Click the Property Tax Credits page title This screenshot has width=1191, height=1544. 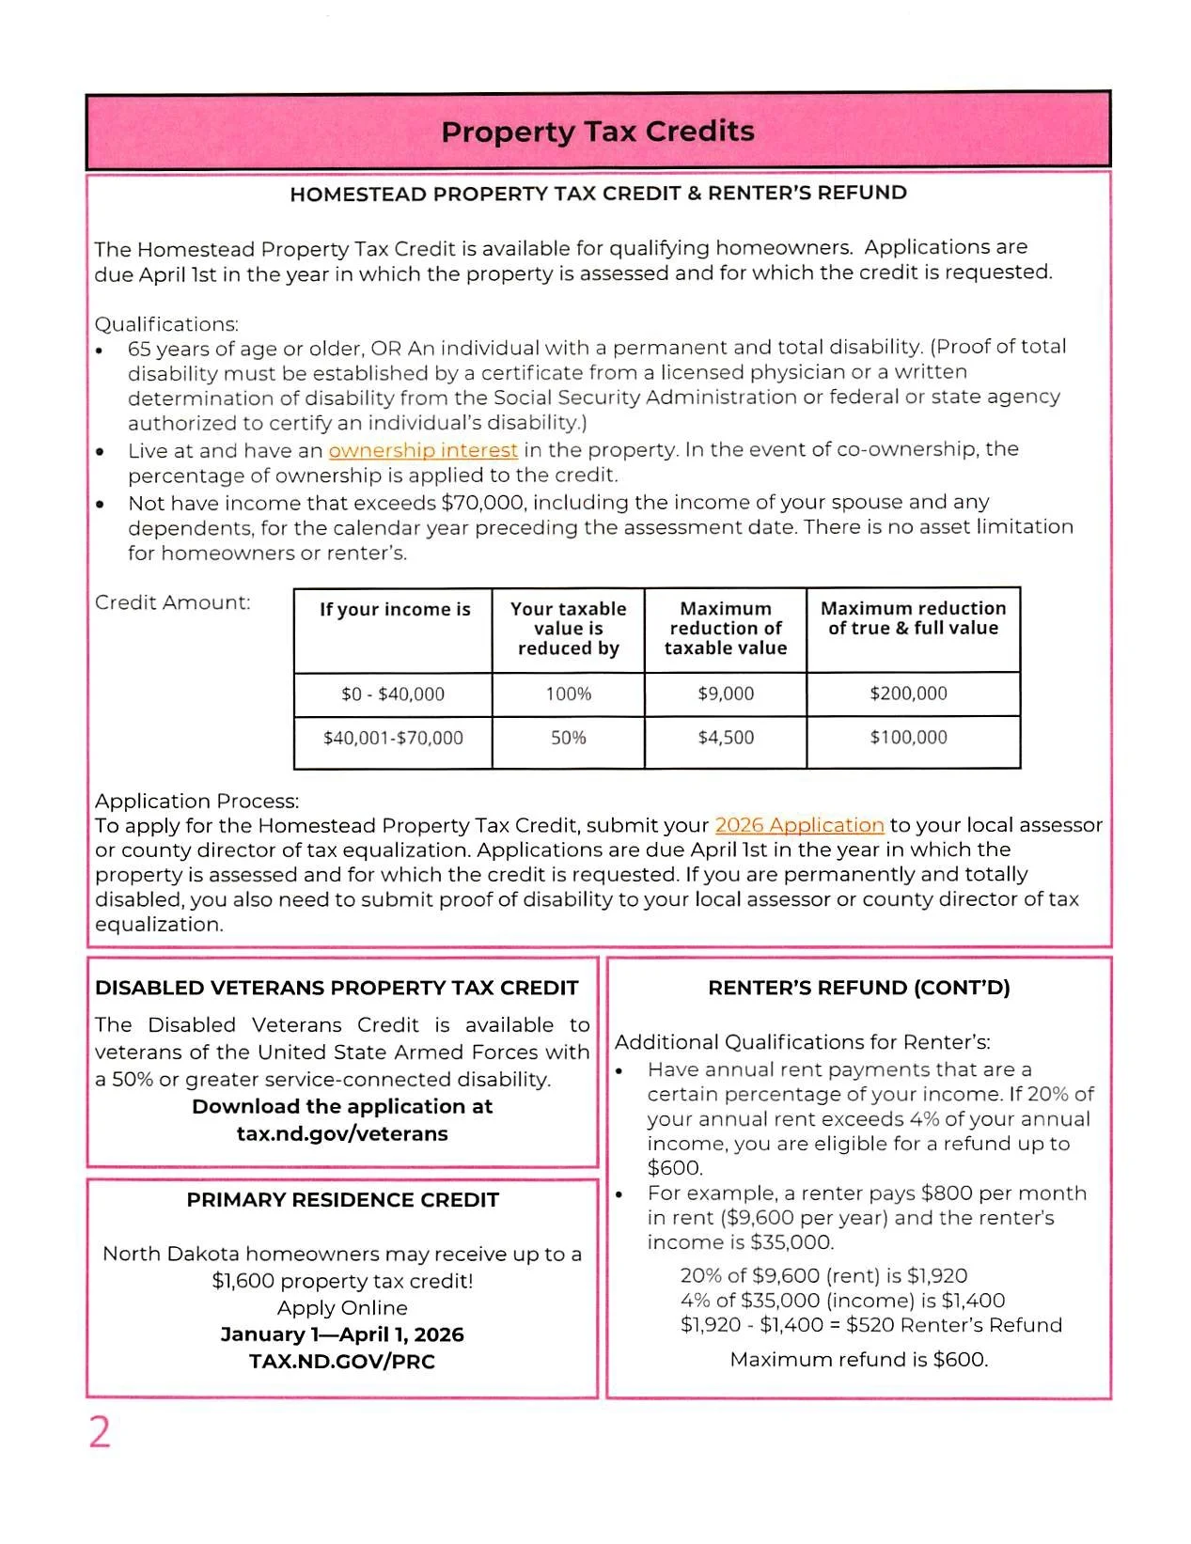coord(598,132)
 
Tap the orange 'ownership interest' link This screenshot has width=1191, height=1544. coord(423,450)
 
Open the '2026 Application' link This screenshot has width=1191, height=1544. coord(799,825)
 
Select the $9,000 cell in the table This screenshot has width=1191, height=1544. coord(726,694)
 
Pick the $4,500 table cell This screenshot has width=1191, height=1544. coord(726,738)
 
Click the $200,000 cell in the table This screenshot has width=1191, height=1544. coord(908,694)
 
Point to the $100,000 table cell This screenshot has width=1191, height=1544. coord(908,738)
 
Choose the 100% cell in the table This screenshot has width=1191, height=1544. coord(569,694)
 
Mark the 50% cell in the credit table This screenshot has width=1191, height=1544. coord(569,738)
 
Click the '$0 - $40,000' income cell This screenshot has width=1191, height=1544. coord(393,694)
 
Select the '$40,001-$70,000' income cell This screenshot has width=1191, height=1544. coord(393,738)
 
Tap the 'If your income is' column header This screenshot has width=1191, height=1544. coord(395,610)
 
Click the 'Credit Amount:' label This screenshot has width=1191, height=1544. coord(173,602)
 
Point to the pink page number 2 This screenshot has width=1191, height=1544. coord(100,1432)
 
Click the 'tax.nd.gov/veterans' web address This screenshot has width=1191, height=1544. coord(342,1133)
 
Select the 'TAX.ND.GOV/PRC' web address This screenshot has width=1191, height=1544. coord(342,1361)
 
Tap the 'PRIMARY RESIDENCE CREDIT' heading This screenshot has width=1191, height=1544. coord(342,1200)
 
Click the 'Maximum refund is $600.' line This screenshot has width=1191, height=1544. coord(859,1359)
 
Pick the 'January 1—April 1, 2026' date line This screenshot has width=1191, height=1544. coord(342,1334)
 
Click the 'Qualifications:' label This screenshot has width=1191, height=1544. coord(166,324)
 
